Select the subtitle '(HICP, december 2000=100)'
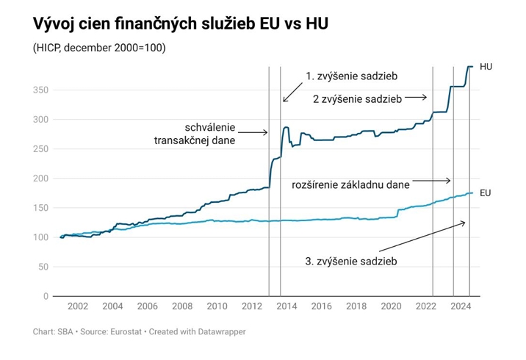point(99,48)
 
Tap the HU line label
point(486,67)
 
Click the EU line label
point(485,193)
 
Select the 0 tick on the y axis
point(45,296)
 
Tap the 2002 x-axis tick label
point(78,306)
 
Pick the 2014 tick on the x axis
point(287,306)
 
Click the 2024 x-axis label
point(461,306)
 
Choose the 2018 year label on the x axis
point(356,306)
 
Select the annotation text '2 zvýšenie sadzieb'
point(357,98)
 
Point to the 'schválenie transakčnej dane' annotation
point(194,132)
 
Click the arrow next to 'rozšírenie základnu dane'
point(432,181)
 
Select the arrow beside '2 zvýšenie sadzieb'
point(416,96)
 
